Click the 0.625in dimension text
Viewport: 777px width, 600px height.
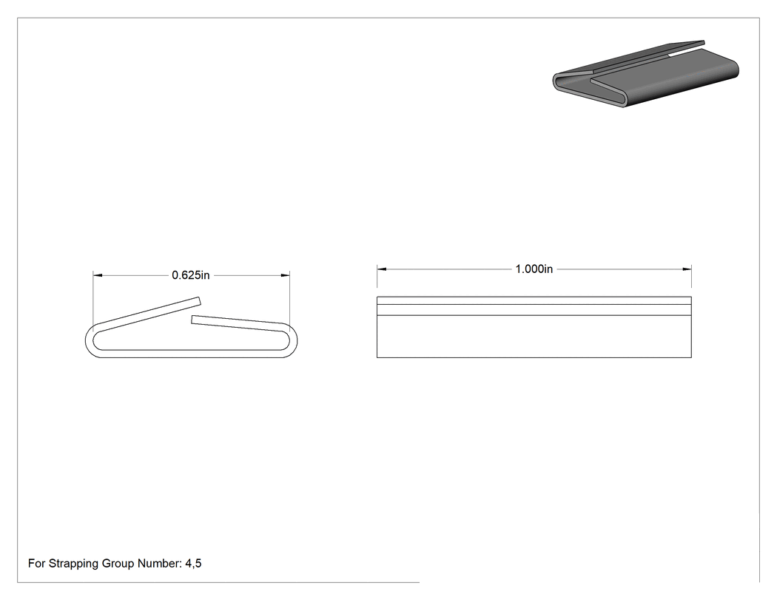click(x=191, y=275)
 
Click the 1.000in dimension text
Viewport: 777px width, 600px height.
click(x=534, y=269)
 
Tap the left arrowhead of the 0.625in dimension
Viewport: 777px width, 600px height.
click(x=98, y=275)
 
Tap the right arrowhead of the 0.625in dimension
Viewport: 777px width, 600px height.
click(x=285, y=275)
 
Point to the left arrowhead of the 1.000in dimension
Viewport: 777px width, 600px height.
click(x=382, y=269)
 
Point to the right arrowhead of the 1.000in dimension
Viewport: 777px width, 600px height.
click(x=687, y=269)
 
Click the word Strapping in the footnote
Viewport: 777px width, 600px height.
click(x=74, y=564)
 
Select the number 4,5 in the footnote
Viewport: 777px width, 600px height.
click(x=193, y=563)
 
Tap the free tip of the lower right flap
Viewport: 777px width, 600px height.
click(x=192, y=320)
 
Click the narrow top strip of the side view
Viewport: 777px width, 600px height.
click(x=534, y=300)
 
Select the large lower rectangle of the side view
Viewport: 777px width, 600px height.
click(x=534, y=337)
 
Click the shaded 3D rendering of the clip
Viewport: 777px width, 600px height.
click(x=646, y=74)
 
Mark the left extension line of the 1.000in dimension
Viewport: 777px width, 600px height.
click(x=377, y=276)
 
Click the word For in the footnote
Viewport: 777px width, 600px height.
click(x=37, y=563)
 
